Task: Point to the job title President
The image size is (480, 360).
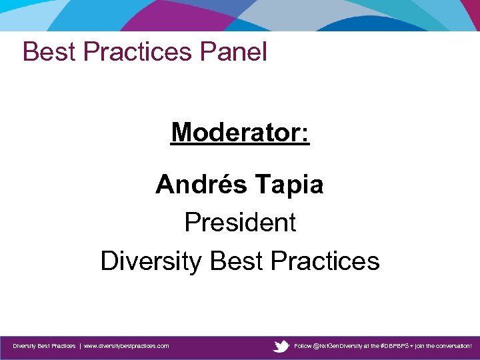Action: coord(240,223)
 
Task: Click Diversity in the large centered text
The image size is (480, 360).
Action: coord(150,261)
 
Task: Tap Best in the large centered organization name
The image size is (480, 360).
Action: coord(233,261)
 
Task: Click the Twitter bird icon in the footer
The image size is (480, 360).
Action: coord(281,347)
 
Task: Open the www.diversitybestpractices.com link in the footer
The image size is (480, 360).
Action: coord(126,347)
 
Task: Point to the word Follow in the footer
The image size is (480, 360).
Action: coord(303,347)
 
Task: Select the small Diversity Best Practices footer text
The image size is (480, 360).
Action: coord(44,347)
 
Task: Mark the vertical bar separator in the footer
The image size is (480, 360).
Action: coord(79,347)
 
